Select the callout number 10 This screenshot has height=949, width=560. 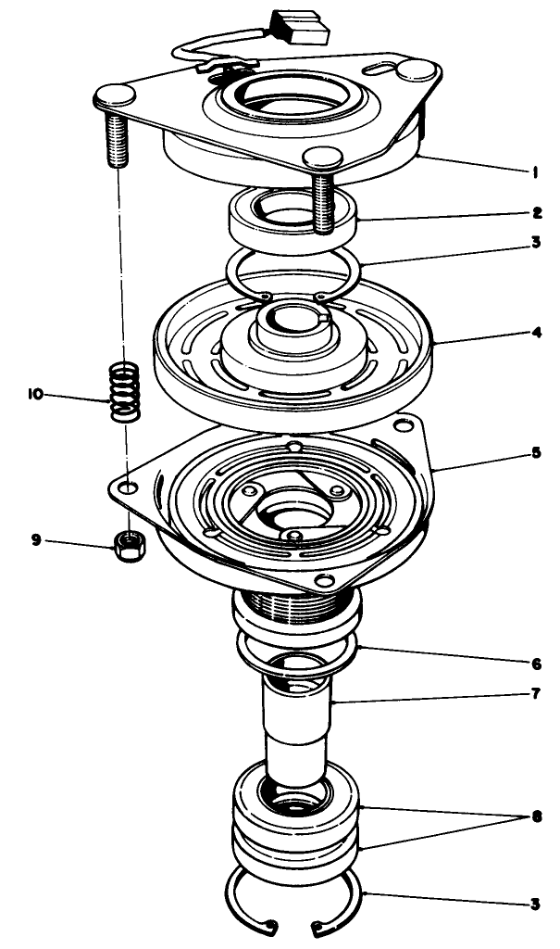click(36, 393)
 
